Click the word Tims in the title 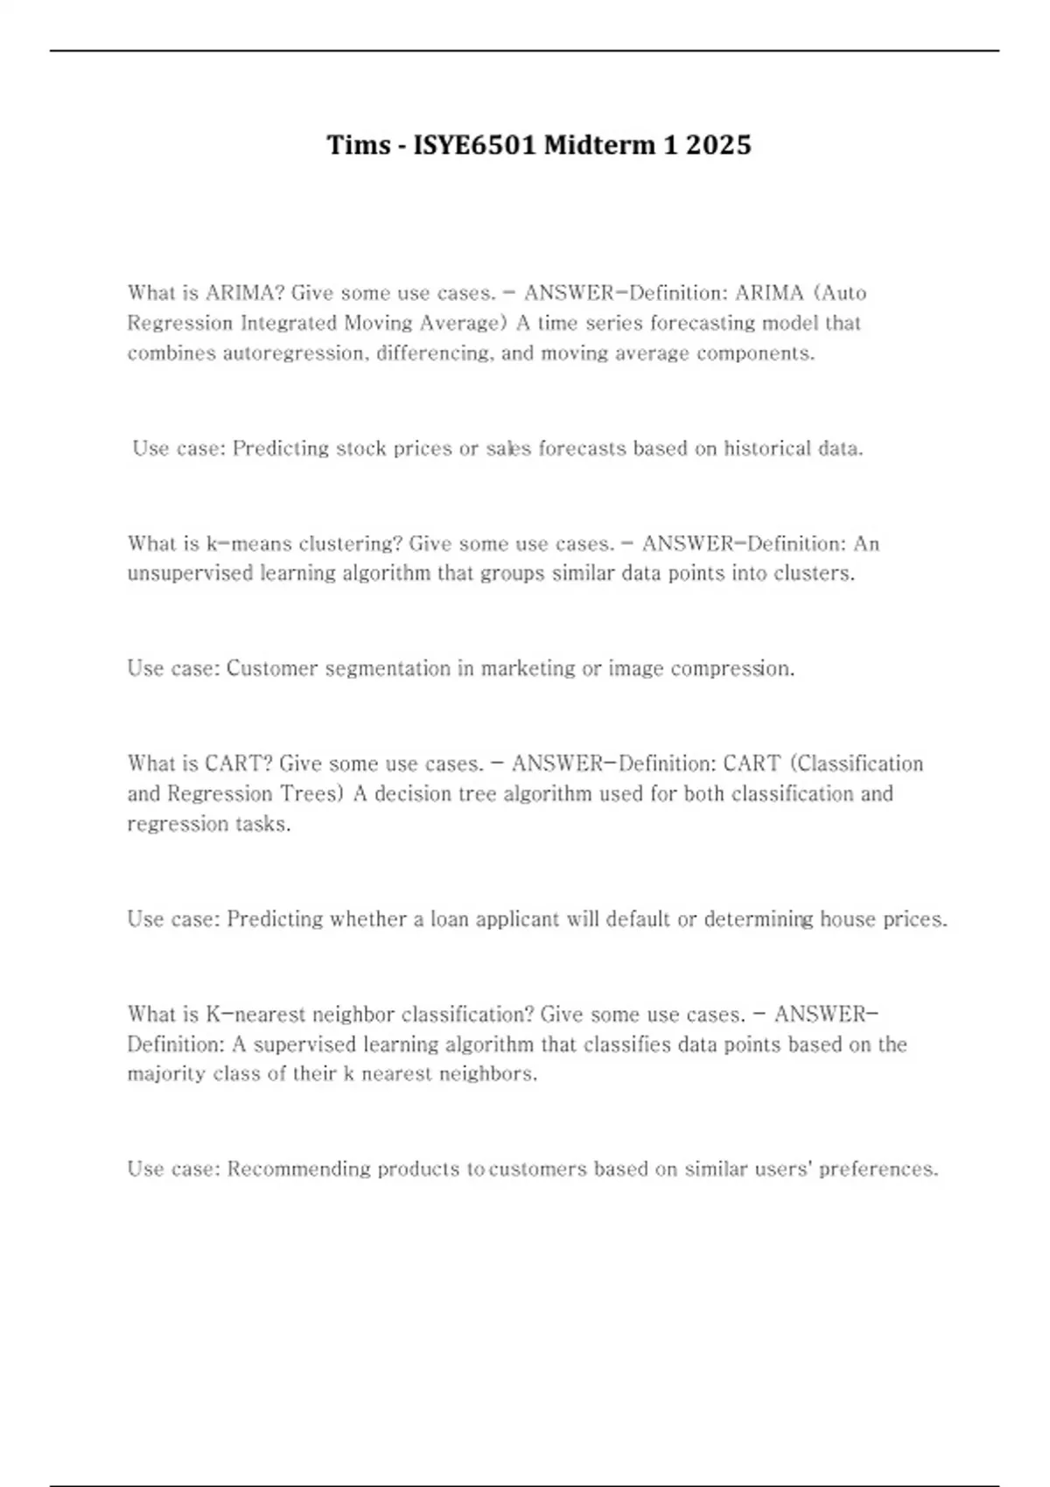pyautogui.click(x=359, y=144)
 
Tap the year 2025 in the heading pyautogui.click(x=718, y=144)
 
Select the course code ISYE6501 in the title pyautogui.click(x=473, y=144)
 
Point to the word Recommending pyautogui.click(x=299, y=1169)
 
